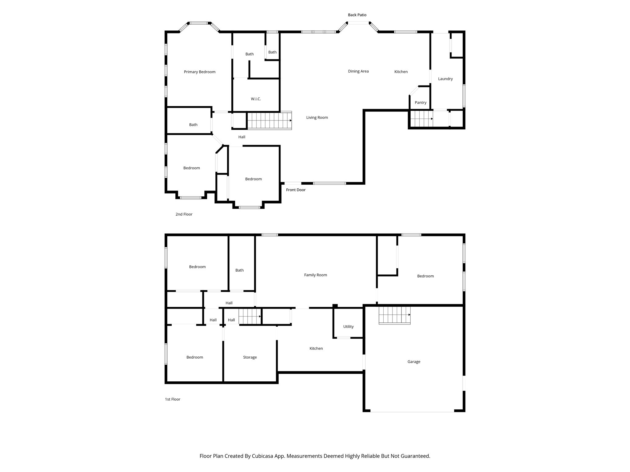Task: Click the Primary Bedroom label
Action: click(x=200, y=72)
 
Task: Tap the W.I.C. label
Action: click(x=256, y=99)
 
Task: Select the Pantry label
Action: click(x=420, y=103)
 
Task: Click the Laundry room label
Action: click(x=445, y=79)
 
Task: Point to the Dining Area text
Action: click(x=358, y=71)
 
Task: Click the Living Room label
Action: click(x=317, y=117)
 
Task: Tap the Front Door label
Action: click(x=296, y=190)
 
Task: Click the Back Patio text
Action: click(x=357, y=15)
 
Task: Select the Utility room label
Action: click(x=348, y=327)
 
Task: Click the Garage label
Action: click(x=413, y=362)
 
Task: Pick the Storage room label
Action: click(x=249, y=357)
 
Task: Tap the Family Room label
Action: click(x=315, y=275)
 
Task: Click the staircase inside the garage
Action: click(x=394, y=315)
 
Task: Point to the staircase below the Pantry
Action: click(x=421, y=119)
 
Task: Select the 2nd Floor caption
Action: click(x=184, y=214)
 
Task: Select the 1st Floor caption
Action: click(x=172, y=399)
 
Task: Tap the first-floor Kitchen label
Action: click(x=316, y=348)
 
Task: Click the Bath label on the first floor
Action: click(x=239, y=270)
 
